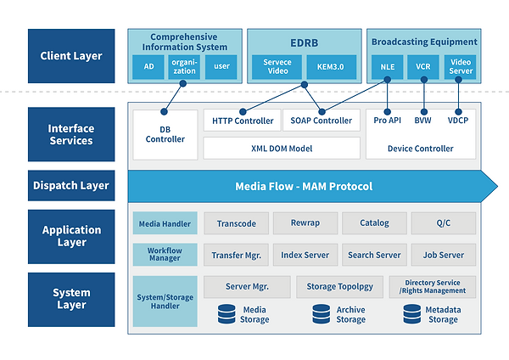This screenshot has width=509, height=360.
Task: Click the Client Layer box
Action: [x=71, y=56]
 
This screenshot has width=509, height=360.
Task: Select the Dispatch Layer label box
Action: [x=71, y=186]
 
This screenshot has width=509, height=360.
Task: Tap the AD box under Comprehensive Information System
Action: [x=148, y=66]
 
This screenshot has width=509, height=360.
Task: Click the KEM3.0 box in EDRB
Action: [x=331, y=66]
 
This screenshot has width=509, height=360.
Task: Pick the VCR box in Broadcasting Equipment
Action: [x=423, y=66]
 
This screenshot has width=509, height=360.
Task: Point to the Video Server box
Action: [x=460, y=66]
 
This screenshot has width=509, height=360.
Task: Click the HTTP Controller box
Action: [x=242, y=121]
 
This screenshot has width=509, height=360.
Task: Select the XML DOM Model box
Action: [x=282, y=148]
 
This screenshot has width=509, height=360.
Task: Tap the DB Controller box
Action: [x=165, y=134]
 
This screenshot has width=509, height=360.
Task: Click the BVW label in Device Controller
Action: [x=422, y=121]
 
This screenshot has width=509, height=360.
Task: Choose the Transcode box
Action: [x=237, y=223]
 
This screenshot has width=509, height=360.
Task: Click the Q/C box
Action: [x=444, y=223]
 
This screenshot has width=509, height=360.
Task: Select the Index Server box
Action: [x=305, y=255]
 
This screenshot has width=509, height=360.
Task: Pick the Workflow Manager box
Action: [x=165, y=255]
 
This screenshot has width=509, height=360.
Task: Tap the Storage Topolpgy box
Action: [x=339, y=287]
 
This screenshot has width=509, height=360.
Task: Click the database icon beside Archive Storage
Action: [x=322, y=314]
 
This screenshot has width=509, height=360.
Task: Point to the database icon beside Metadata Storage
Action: [x=412, y=314]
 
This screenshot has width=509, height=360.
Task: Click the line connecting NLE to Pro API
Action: [x=388, y=96]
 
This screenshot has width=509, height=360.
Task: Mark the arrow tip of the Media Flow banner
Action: [x=497, y=187]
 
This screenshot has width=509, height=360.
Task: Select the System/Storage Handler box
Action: [x=165, y=301]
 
